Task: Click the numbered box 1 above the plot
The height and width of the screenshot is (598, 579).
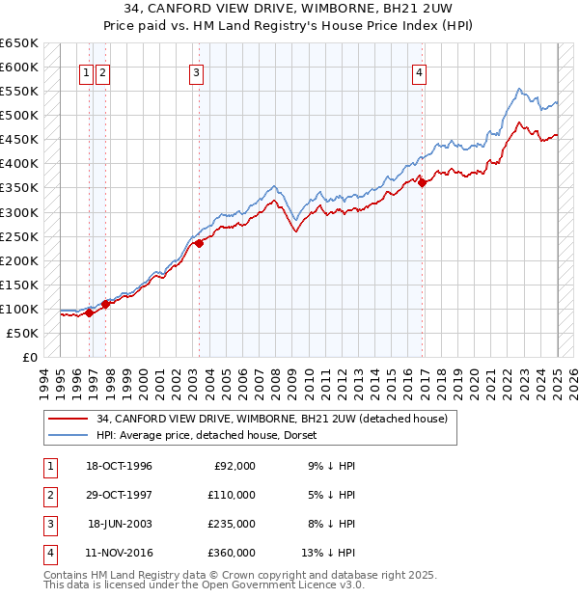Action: (x=87, y=70)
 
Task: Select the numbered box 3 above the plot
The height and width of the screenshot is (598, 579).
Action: (x=196, y=70)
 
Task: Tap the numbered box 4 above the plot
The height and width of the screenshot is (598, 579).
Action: (x=420, y=70)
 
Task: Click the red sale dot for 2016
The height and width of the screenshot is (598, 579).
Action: (x=424, y=182)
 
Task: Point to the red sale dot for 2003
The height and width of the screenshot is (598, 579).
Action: (x=199, y=243)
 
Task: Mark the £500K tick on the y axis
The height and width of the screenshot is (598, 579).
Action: (x=20, y=116)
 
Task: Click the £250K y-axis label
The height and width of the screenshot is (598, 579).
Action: (x=20, y=236)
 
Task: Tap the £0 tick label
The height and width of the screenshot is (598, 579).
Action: (x=30, y=357)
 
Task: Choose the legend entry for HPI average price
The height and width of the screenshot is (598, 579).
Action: (x=212, y=435)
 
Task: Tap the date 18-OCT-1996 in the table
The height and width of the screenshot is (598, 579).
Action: (x=119, y=466)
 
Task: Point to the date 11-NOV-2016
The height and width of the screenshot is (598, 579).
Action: (x=119, y=553)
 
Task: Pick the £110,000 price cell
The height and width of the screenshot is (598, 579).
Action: (x=232, y=495)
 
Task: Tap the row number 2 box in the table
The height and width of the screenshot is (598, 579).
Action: (x=48, y=495)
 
